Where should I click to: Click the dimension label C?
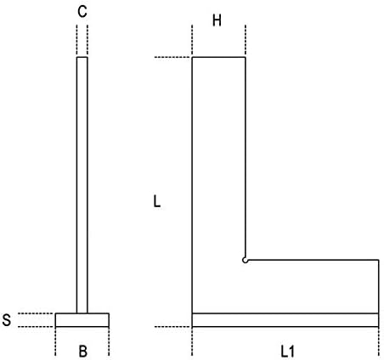[x=82, y=12]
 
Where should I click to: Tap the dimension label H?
[x=217, y=20]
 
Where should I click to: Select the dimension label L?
[x=157, y=202]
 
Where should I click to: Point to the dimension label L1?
[x=288, y=352]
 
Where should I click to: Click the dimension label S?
[x=7, y=320]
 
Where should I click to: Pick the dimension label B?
[x=82, y=352]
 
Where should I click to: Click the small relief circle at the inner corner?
[x=246, y=261]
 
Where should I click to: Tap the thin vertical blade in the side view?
[x=82, y=185]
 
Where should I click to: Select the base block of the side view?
[x=82, y=320]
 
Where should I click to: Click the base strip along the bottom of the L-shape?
[x=285, y=320]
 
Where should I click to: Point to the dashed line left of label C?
[x=76, y=40]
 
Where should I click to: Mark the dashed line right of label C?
[x=88, y=40]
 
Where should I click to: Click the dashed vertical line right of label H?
[x=246, y=40]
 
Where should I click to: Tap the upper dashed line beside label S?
[x=36, y=313]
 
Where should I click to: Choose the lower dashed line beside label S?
[x=36, y=327]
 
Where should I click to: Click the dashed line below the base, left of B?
[x=55, y=341]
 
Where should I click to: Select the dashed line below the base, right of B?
[x=109, y=341]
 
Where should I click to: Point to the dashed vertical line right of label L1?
[x=379, y=341]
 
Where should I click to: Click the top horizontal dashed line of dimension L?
[x=172, y=58]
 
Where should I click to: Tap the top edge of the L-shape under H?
[x=219, y=57]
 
